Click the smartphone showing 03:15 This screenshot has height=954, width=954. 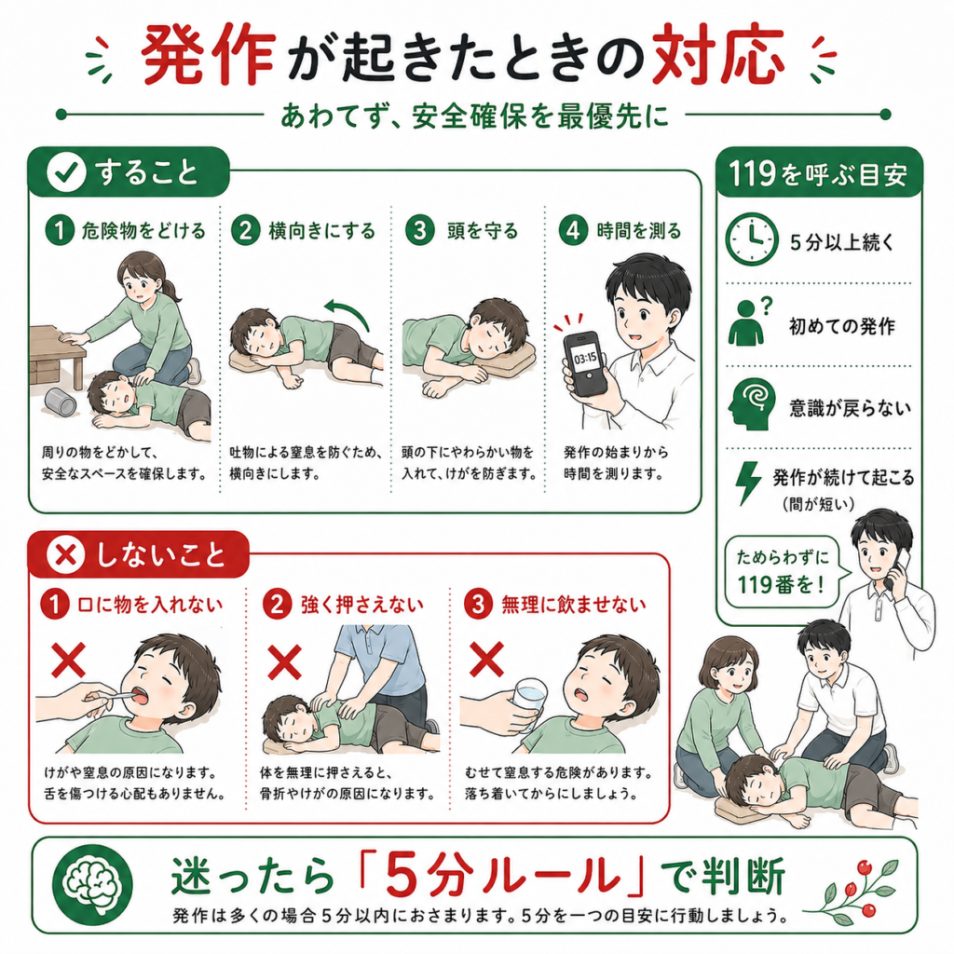pos(585,363)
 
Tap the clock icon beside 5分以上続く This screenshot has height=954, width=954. pos(751,239)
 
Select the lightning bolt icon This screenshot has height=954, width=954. pos(748,483)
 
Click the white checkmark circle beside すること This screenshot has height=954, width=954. pos(66,172)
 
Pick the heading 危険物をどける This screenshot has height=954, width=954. pos(143,231)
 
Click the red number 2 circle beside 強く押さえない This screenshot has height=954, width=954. pos(277,604)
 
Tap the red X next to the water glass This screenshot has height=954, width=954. pos(486,659)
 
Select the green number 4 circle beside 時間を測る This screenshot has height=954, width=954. pos(573,231)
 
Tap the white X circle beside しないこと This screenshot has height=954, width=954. pos(66,554)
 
